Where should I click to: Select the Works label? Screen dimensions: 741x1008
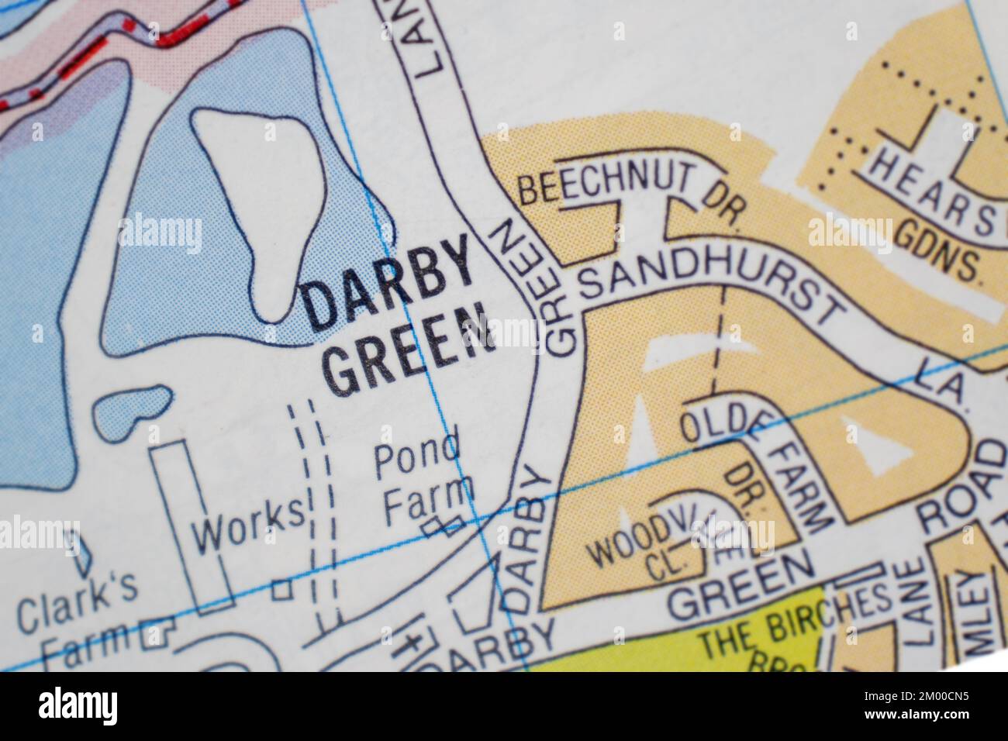[248, 527]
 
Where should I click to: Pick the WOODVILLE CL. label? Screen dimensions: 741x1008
[659, 546]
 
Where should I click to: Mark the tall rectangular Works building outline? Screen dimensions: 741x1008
[192, 527]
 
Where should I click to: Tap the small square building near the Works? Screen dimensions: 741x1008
[282, 589]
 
